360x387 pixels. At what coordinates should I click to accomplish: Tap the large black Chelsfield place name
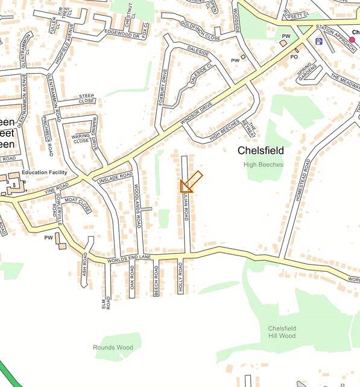[x=261, y=150]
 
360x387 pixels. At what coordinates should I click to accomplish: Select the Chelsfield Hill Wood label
[x=282, y=332]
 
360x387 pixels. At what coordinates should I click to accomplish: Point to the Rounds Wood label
[x=113, y=348]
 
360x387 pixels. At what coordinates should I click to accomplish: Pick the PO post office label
[x=295, y=57]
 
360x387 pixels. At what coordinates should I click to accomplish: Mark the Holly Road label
[x=180, y=278]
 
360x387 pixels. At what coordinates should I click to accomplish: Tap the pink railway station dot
[x=352, y=39]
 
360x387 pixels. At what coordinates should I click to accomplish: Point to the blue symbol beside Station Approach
[x=319, y=41]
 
